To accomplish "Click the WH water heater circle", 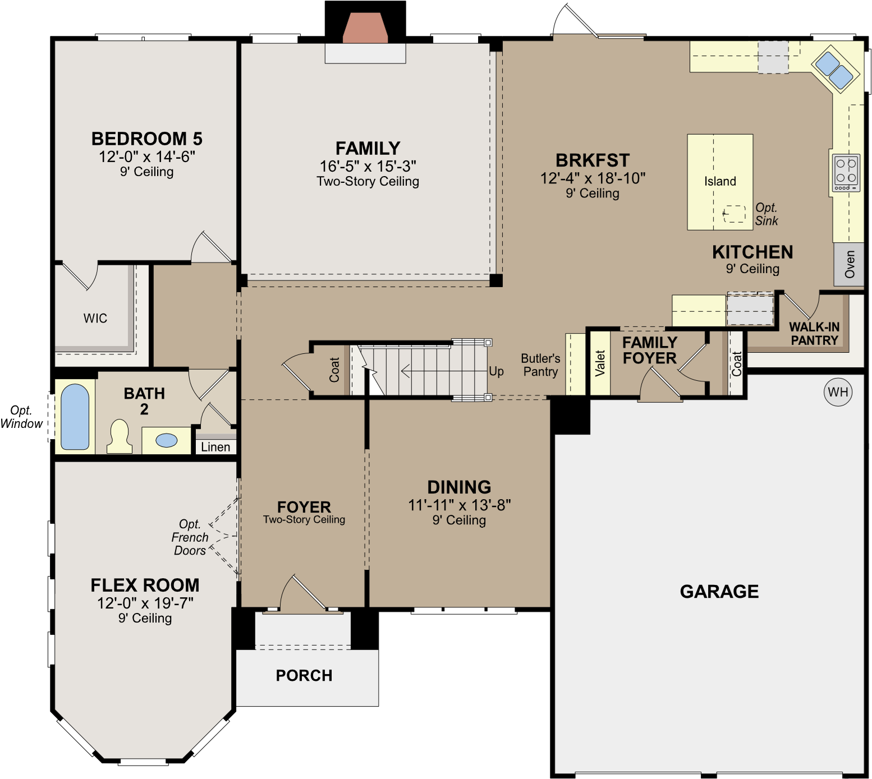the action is pos(838,392).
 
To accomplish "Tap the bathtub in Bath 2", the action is pos(75,417).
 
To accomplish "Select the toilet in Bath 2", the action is pos(120,436).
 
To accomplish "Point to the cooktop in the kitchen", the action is pos(846,173).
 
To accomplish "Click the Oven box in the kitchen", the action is pos(848,264).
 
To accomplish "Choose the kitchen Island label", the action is pos(720,181).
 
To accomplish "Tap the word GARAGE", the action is pos(719,591).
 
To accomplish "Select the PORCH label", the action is pos(304,675).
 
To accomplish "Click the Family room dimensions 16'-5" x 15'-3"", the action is pos(368,166).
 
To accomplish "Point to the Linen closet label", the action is pos(215,447).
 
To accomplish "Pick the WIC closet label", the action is pos(95,319).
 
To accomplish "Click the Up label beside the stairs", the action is pos(496,371).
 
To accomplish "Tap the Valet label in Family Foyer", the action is pos(600,363).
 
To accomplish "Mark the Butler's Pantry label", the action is pos(540,365).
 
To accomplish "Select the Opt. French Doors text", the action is pos(190,537).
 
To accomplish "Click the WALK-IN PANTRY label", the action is pos(814,334).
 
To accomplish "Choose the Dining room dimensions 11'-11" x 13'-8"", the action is pos(460,505).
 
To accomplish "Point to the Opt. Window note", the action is pos(21,417).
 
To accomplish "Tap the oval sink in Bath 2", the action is pos(167,440).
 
